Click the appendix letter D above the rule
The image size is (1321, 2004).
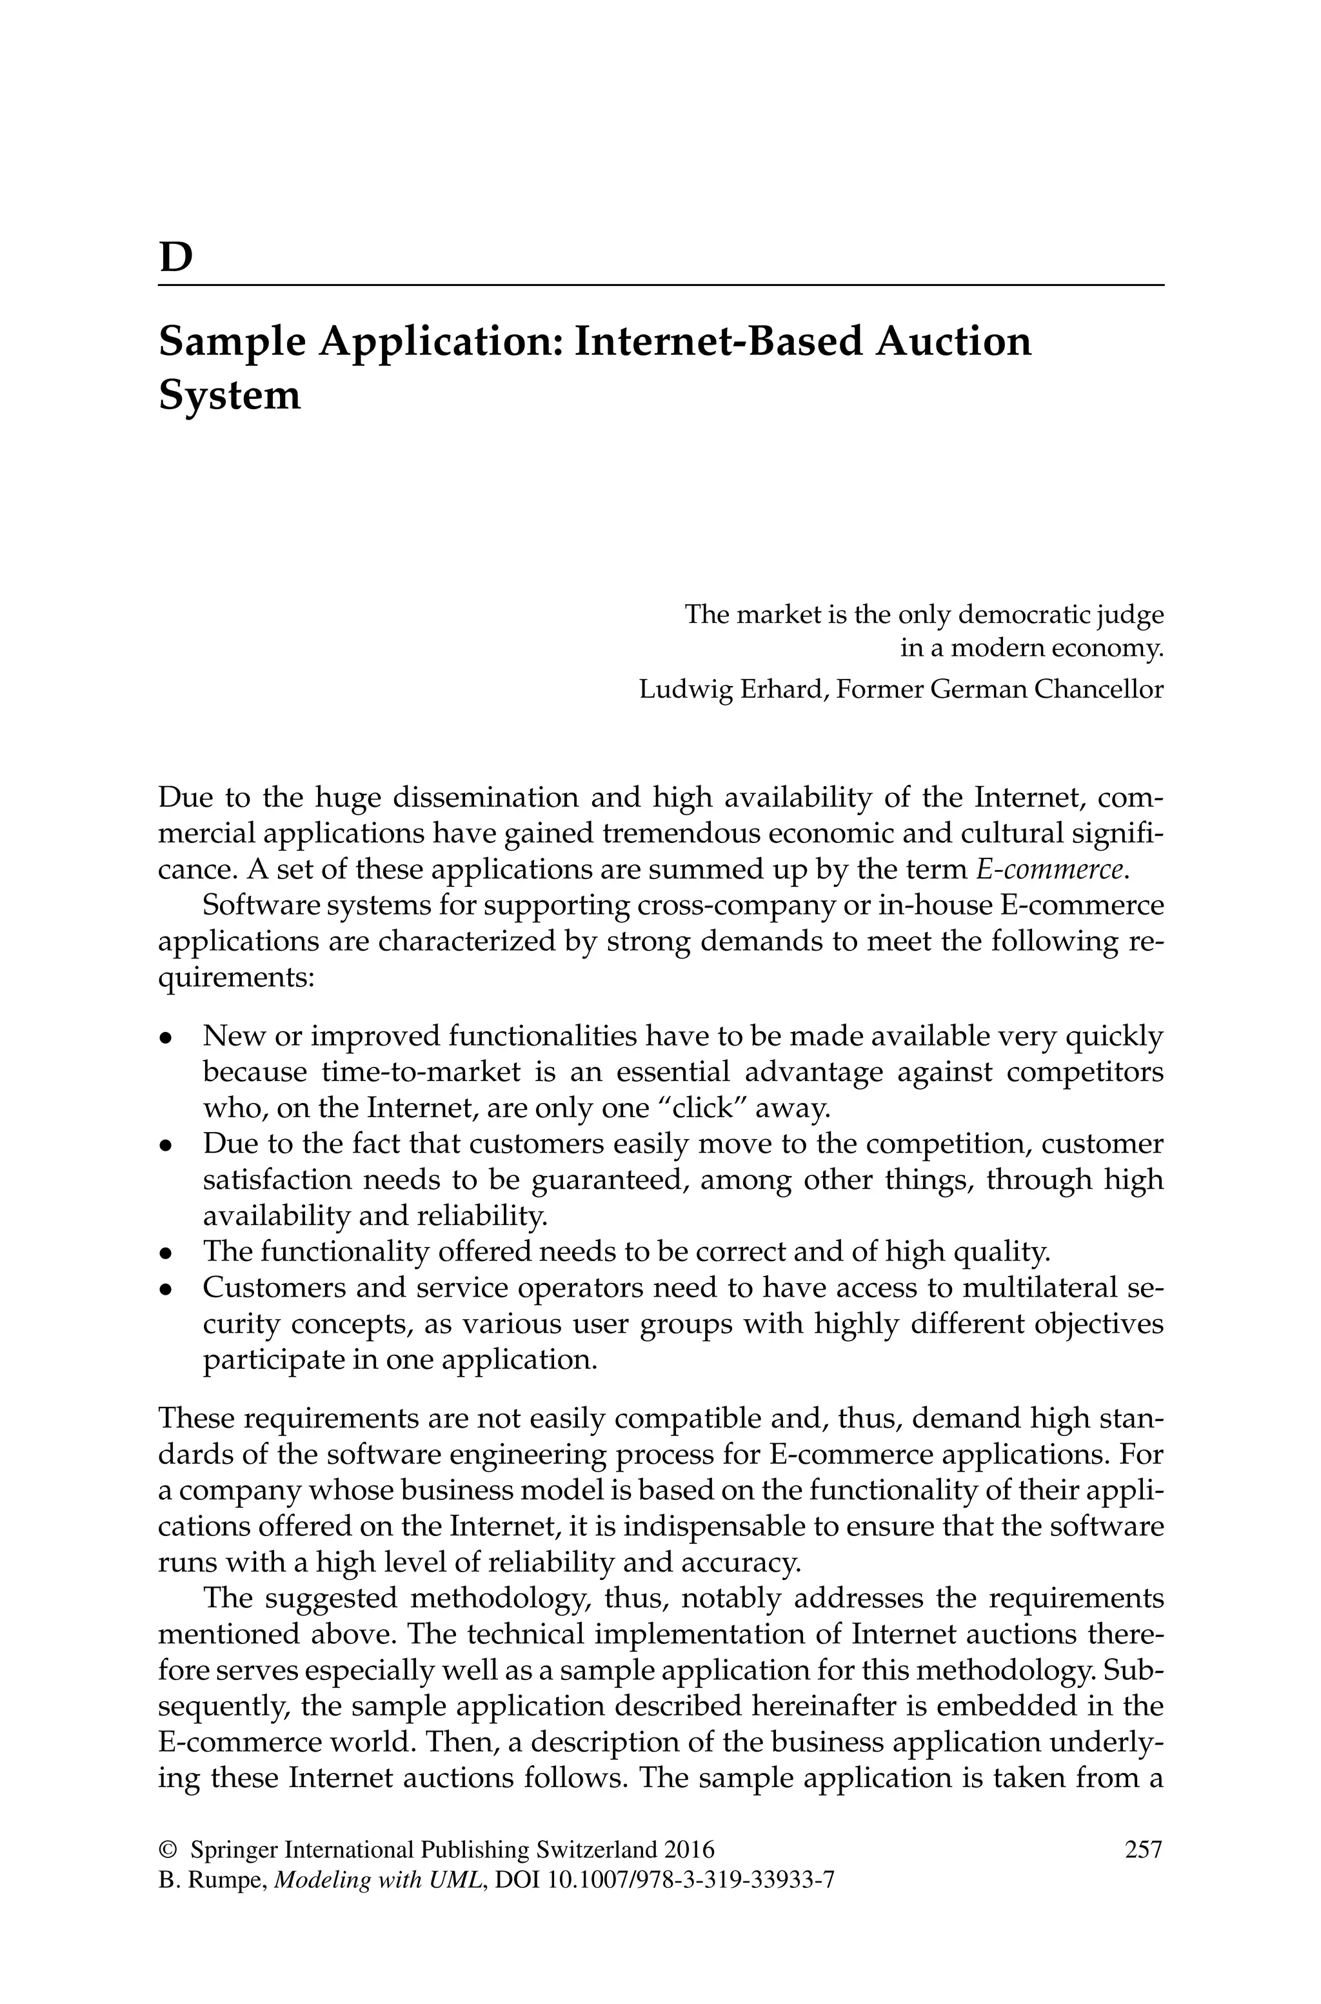pos(175,258)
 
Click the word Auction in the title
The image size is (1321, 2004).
pos(952,342)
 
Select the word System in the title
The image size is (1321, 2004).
pos(229,395)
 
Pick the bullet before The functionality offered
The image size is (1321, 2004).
pos(167,1254)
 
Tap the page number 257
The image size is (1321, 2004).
pos(1143,1850)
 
